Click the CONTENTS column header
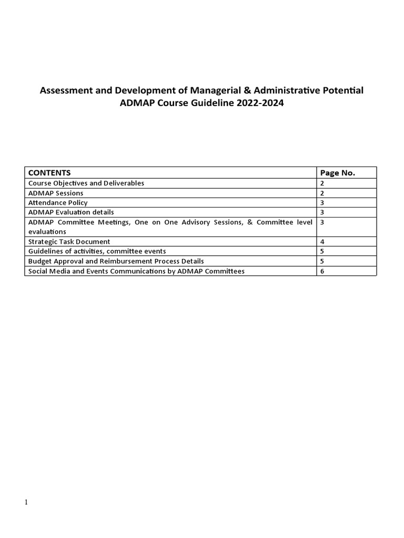pos(49,173)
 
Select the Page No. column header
pos(338,173)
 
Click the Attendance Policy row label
pos(58,203)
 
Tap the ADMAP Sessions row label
pos(56,193)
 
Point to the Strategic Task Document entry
pos(69,242)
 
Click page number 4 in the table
pos(322,242)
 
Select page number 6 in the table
pos(322,271)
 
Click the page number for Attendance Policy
pos(322,203)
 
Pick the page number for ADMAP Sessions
pos(322,193)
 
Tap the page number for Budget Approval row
pos(322,261)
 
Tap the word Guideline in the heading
pos(211,103)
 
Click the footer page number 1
pos(26,503)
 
